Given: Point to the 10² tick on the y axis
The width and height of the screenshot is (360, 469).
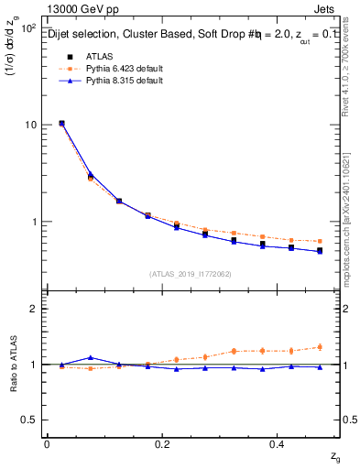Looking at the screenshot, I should click(27, 28).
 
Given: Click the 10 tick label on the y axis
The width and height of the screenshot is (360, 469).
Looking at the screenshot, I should click(29, 125).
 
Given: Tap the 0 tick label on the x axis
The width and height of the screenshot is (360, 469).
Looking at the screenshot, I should click(47, 443).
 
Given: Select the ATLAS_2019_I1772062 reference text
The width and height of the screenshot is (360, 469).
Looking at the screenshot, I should click(191, 274).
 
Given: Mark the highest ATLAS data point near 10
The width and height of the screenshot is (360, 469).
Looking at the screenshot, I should click(61, 123).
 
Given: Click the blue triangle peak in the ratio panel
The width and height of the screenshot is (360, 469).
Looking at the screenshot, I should click(90, 357).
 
